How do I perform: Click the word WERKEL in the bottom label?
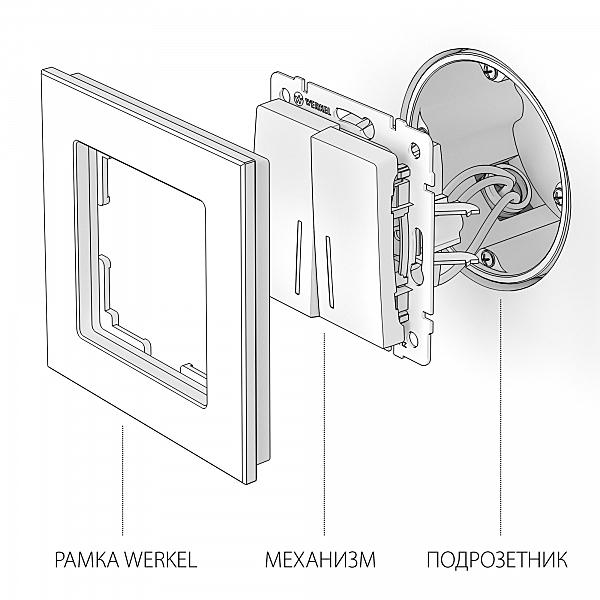pyautogui.click(x=161, y=559)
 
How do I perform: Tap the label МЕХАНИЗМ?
pyautogui.click(x=320, y=559)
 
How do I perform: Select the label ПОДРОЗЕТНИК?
pyautogui.click(x=497, y=559)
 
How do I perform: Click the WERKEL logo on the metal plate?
pyautogui.click(x=313, y=104)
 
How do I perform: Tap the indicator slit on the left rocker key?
pyautogui.click(x=298, y=258)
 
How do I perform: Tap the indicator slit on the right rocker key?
pyautogui.click(x=329, y=272)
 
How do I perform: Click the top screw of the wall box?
pyautogui.click(x=489, y=72)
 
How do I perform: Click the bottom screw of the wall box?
pyautogui.click(x=486, y=257)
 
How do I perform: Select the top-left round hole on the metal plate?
pyautogui.click(x=285, y=93)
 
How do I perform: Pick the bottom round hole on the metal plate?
pyautogui.click(x=413, y=338)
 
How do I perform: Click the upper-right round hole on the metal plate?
pyautogui.click(x=414, y=148)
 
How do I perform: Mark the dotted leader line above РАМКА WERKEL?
pyautogui.click(x=122, y=480)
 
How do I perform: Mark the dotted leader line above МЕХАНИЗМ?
pyautogui.click(x=324, y=434)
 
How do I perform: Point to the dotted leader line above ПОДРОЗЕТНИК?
pyautogui.click(x=501, y=416)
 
